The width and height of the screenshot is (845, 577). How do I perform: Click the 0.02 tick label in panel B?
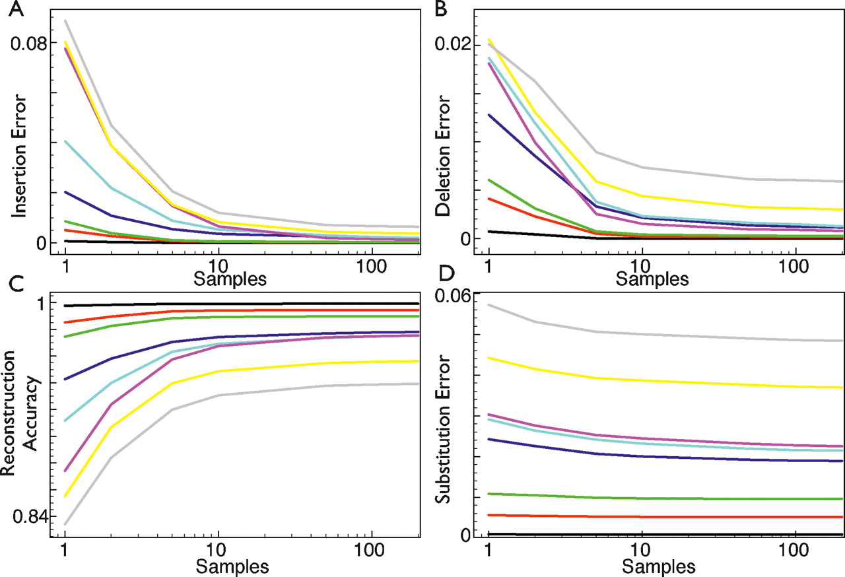(x=452, y=44)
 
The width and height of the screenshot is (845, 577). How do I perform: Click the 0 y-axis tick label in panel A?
(x=41, y=243)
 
